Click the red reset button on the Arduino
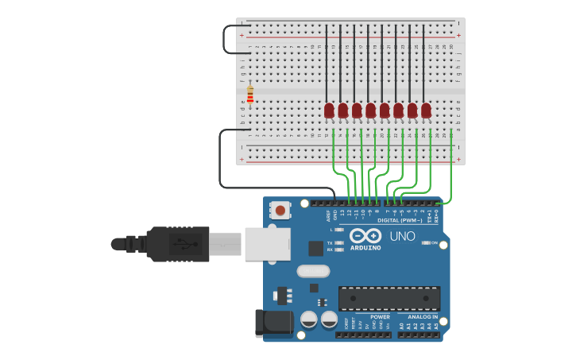[280, 211]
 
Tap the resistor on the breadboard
[250, 95]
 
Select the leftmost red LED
[329, 110]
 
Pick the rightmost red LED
[426, 110]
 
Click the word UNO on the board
[402, 236]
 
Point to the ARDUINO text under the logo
[365, 248]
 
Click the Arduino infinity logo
[365, 236]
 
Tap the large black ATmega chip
[389, 298]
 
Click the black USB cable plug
[179, 244]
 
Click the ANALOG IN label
[423, 316]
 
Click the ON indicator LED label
[434, 242]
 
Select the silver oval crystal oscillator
[313, 271]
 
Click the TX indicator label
[330, 242]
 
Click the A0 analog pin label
[401, 326]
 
